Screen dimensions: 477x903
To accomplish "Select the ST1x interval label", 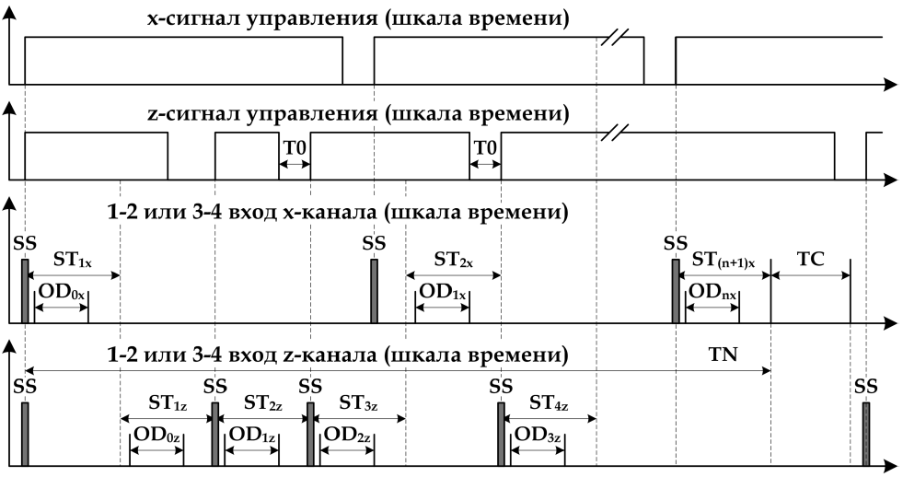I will pyautogui.click(x=72, y=262).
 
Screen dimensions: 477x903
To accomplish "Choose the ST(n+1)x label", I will pyautogui.click(x=724, y=262).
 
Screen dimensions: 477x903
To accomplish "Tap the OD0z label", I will pyautogui.click(x=156, y=434).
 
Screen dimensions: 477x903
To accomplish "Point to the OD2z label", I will pyautogui.click(x=346, y=434).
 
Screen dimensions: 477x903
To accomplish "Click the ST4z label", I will pyautogui.click(x=549, y=404).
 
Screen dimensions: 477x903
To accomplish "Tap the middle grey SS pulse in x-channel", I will pyautogui.click(x=374, y=291).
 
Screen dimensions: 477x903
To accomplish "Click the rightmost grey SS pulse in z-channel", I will pyautogui.click(x=865, y=432).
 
